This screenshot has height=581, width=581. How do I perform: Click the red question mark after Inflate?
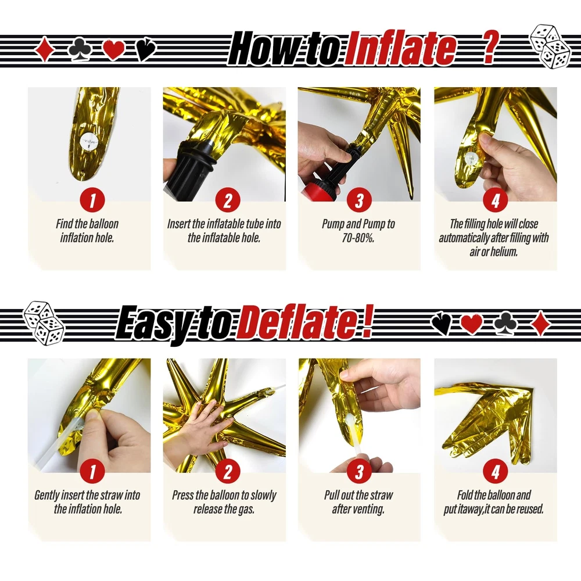tap(489, 48)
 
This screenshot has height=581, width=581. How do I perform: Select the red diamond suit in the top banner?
tap(45, 49)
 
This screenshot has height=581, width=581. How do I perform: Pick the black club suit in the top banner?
tap(80, 48)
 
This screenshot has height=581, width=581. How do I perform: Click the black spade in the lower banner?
tap(442, 324)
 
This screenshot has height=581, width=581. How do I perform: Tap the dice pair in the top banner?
tap(550, 46)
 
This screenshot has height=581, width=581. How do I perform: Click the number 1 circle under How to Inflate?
tap(92, 200)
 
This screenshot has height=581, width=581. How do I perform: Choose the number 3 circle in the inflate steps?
tap(359, 200)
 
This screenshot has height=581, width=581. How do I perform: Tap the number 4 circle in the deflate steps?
tap(496, 471)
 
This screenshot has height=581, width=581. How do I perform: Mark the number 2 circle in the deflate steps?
tap(228, 471)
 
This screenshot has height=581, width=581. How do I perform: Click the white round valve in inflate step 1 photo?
tap(89, 142)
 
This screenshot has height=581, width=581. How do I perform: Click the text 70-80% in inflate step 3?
tap(358, 238)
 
